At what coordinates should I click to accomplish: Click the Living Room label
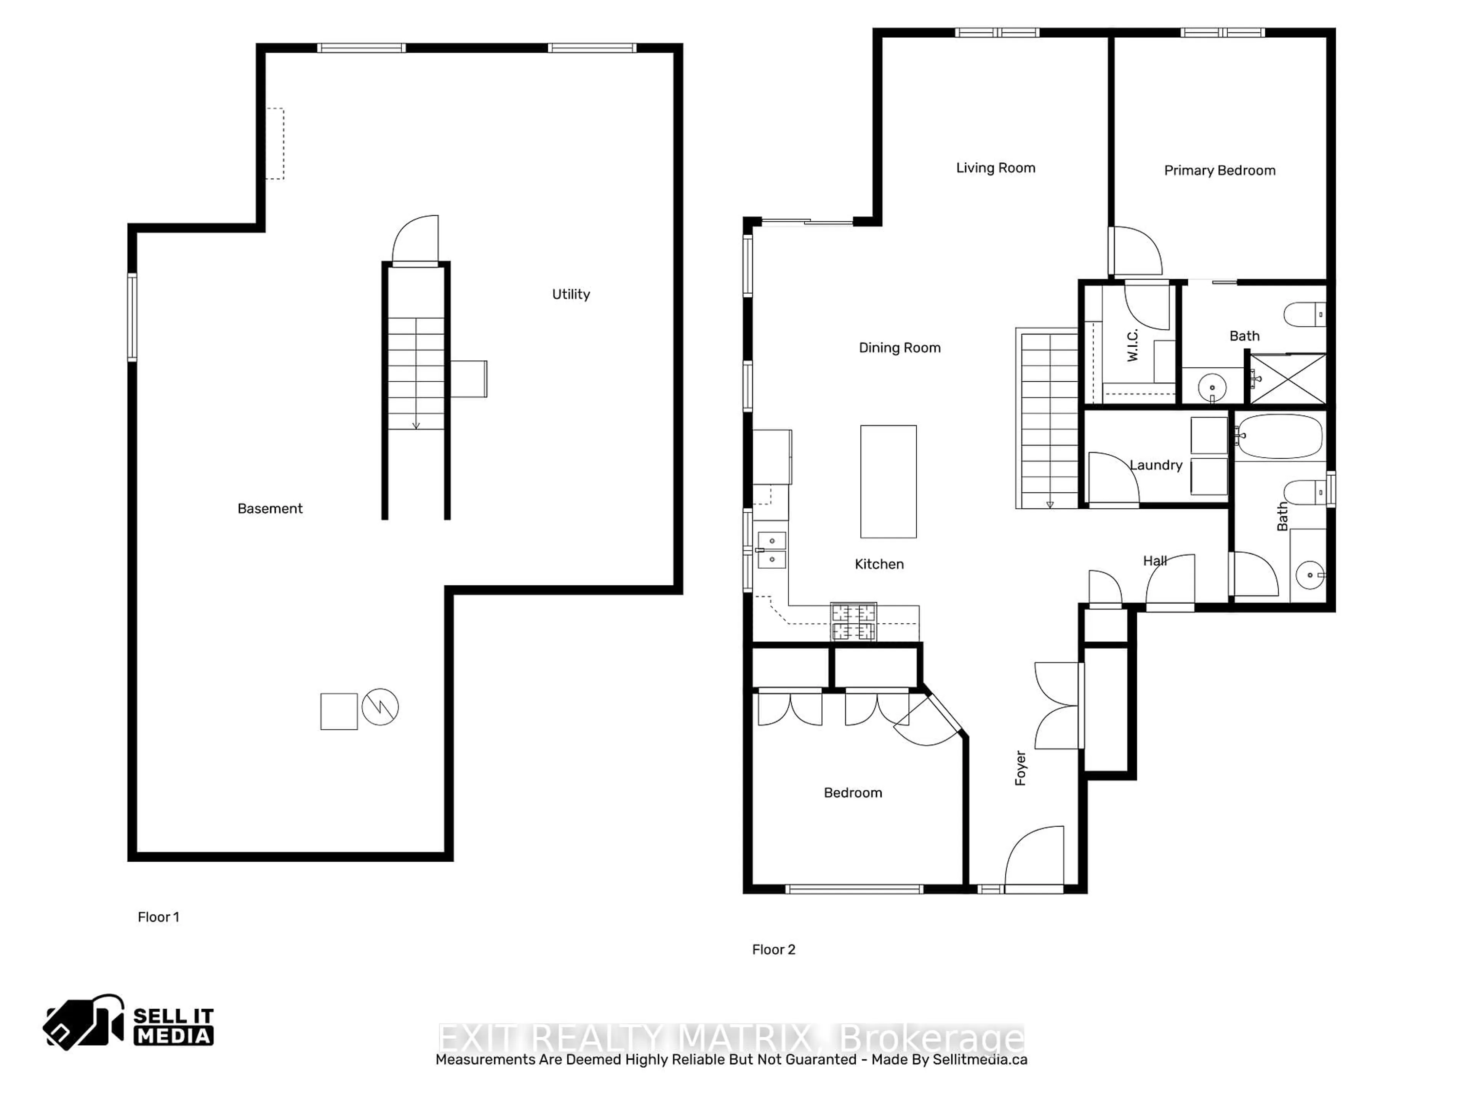pyautogui.click(x=996, y=168)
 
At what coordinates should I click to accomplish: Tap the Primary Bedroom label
pyautogui.click(x=1219, y=171)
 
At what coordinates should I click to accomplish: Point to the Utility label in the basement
pyautogui.click(x=571, y=294)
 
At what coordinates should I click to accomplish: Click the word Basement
pyautogui.click(x=270, y=509)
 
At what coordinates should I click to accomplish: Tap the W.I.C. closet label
pyautogui.click(x=1132, y=345)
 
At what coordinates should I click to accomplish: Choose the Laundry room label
pyautogui.click(x=1156, y=465)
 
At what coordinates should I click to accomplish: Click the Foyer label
pyautogui.click(x=1021, y=768)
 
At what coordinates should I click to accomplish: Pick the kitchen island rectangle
pyautogui.click(x=888, y=481)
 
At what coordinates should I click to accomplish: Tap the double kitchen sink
pyautogui.click(x=771, y=550)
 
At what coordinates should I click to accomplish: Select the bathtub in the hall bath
pyautogui.click(x=1279, y=437)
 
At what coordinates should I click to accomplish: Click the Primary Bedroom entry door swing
pyautogui.click(x=1136, y=251)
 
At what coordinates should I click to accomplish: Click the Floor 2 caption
pyautogui.click(x=773, y=950)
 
